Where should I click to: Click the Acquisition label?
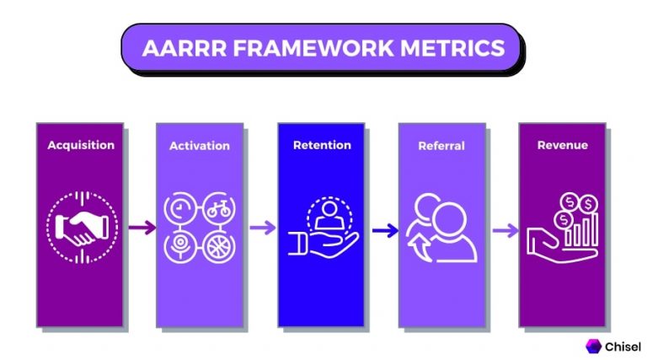81,145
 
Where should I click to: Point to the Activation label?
200,146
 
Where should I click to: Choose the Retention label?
322,145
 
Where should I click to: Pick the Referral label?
441,146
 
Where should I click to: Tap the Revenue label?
563,145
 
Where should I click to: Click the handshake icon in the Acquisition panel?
81,227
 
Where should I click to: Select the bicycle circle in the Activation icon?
217,209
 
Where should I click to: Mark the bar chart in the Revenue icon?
580,228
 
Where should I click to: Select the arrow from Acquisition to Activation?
142,228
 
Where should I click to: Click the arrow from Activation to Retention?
262,228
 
